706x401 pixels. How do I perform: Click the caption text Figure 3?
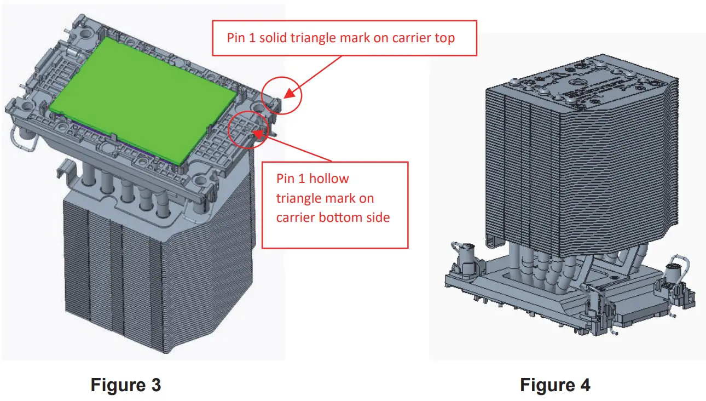(x=125, y=385)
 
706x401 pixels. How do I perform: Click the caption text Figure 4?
(x=555, y=385)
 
